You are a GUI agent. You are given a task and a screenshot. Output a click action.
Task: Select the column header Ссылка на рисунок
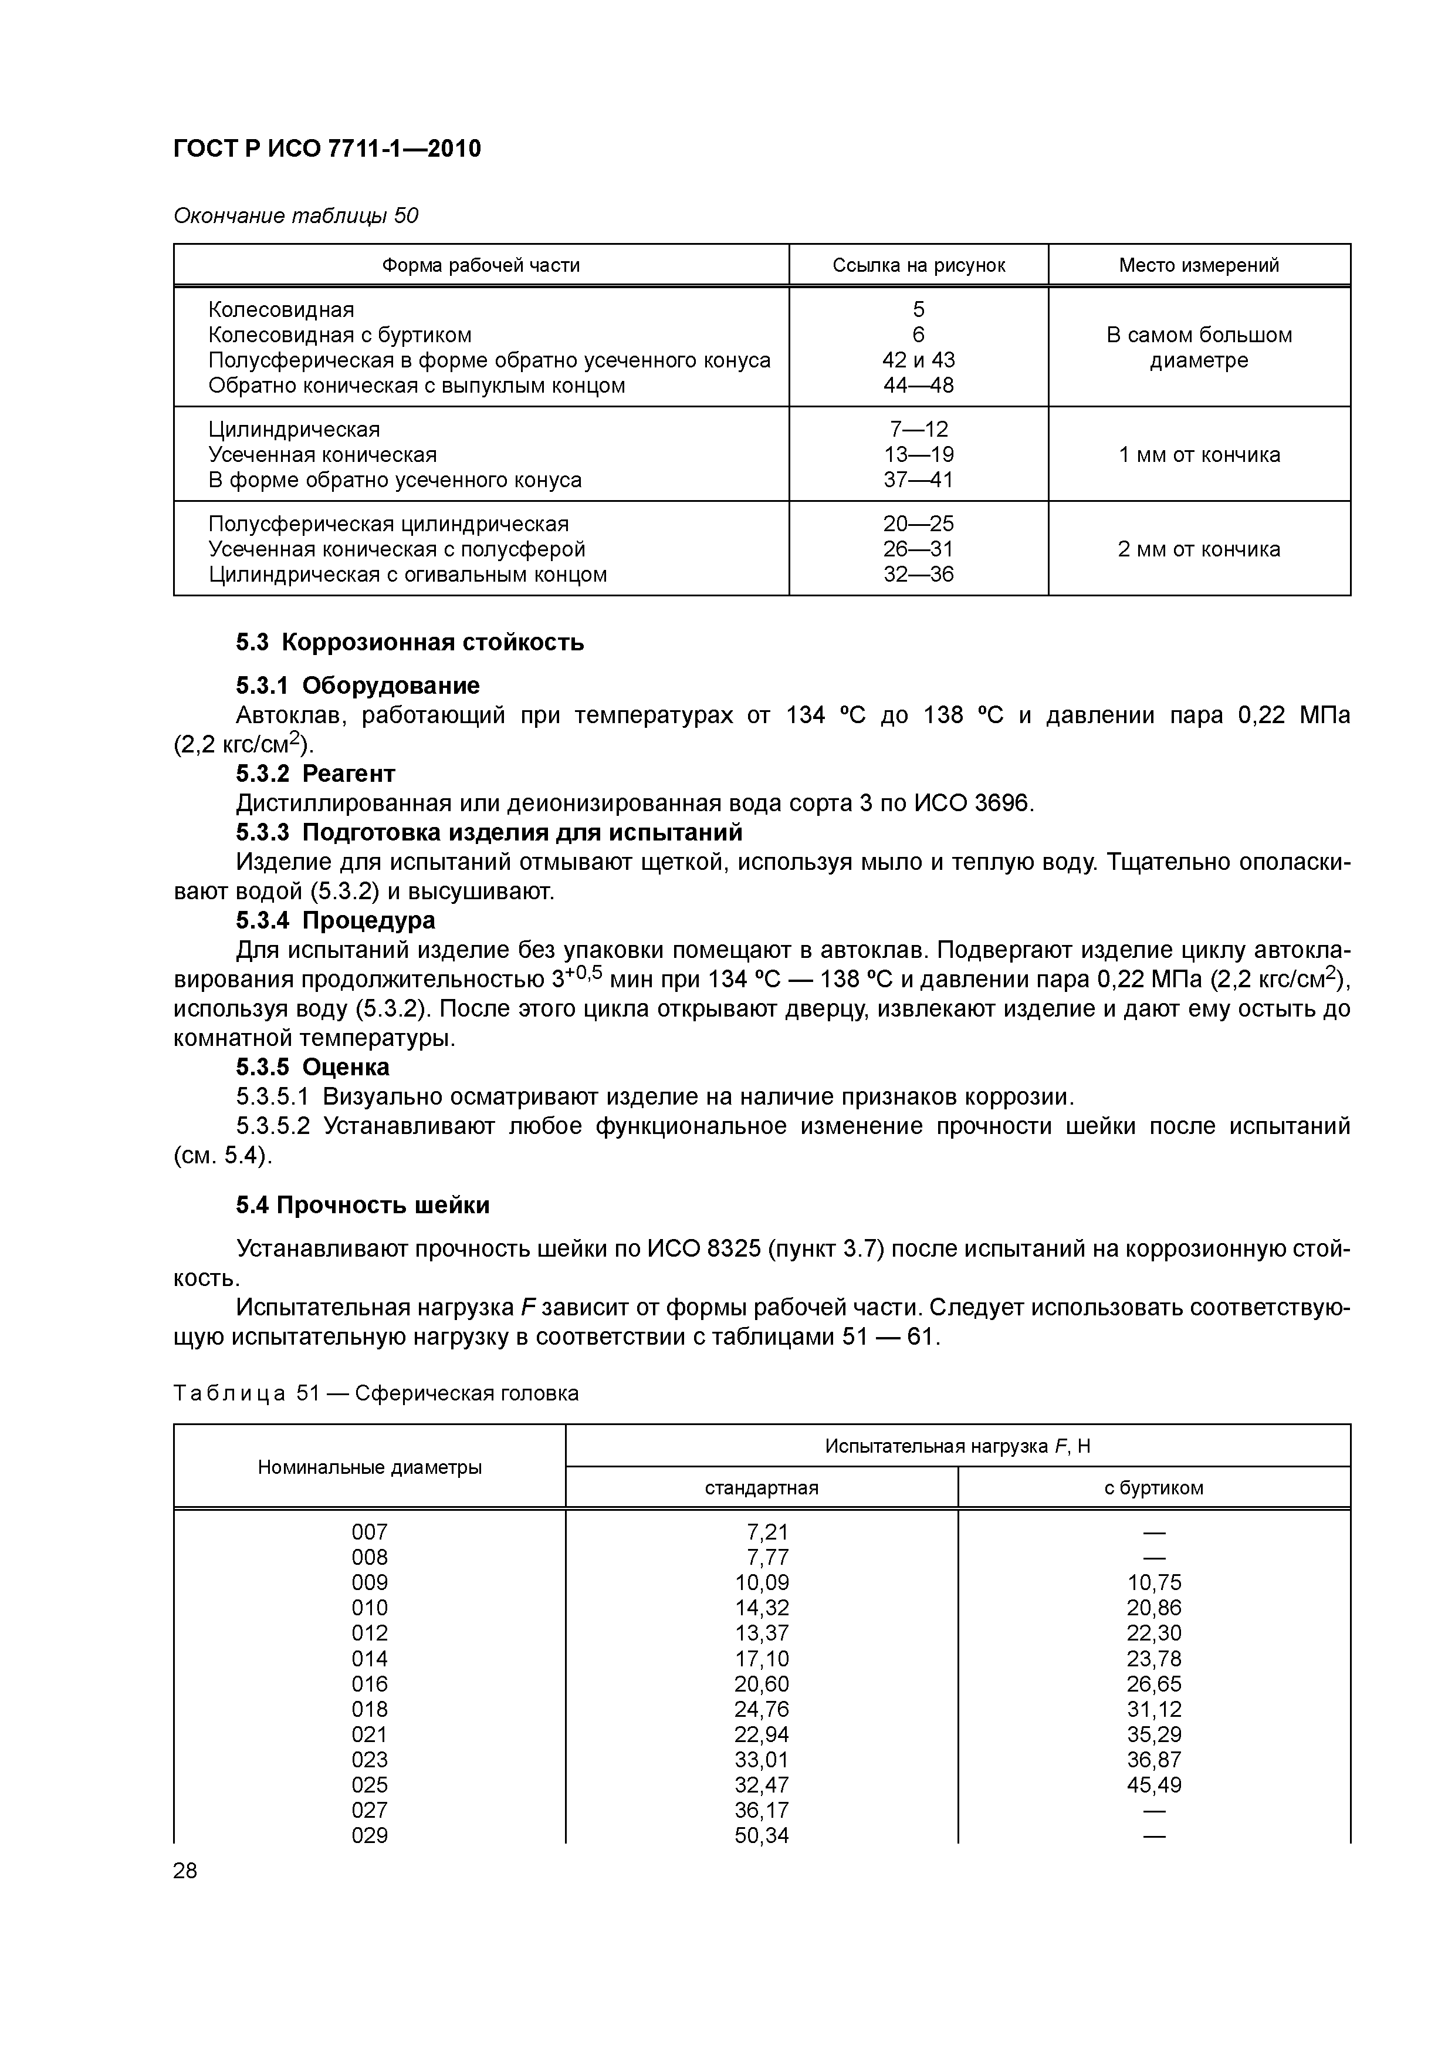tap(918, 265)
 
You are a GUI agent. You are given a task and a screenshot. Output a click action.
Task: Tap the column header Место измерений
tap(1199, 265)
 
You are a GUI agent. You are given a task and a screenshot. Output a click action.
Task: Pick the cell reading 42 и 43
tap(918, 360)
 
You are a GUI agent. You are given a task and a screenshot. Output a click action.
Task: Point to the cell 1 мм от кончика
tap(1199, 455)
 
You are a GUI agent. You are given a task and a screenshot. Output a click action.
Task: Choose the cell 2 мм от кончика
tap(1199, 549)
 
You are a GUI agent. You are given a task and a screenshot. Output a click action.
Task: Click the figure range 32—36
tap(918, 574)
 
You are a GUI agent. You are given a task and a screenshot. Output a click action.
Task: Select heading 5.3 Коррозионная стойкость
tap(410, 642)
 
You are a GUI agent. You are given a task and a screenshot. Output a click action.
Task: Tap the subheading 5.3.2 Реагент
tap(316, 773)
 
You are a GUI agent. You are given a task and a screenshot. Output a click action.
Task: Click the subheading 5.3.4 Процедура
tap(335, 920)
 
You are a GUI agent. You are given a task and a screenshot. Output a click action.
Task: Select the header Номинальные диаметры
tap(370, 1467)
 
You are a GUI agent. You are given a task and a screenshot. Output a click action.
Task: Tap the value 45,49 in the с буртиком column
tap(1154, 1784)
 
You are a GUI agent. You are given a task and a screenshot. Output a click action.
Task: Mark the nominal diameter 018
tap(370, 1709)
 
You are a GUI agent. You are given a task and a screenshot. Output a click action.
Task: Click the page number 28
tap(185, 1871)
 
